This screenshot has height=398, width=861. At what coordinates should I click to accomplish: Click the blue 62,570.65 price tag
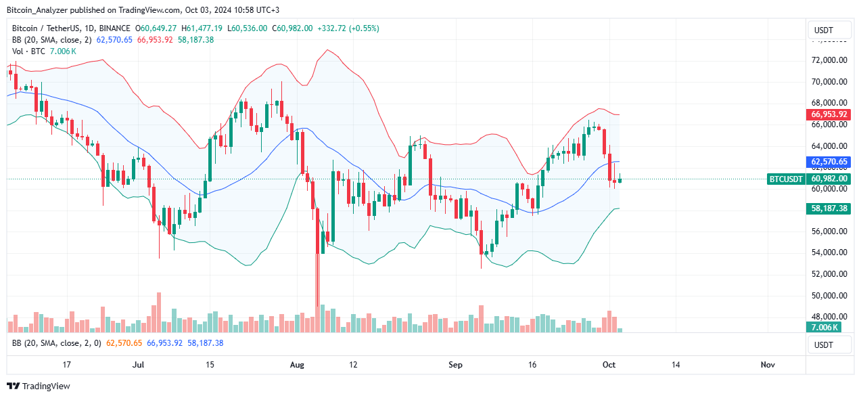829,162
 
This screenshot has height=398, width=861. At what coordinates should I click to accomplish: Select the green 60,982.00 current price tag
829,179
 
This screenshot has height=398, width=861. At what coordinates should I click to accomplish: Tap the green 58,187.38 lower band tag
829,209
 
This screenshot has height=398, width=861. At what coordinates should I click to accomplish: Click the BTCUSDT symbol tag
786,179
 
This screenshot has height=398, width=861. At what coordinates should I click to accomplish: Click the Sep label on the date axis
455,365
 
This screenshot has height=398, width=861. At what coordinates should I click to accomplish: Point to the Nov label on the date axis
767,365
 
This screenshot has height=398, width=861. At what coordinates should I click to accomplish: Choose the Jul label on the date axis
139,365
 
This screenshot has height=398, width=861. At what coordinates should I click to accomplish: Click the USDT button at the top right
829,30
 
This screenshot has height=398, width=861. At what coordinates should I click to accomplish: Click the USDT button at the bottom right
829,345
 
